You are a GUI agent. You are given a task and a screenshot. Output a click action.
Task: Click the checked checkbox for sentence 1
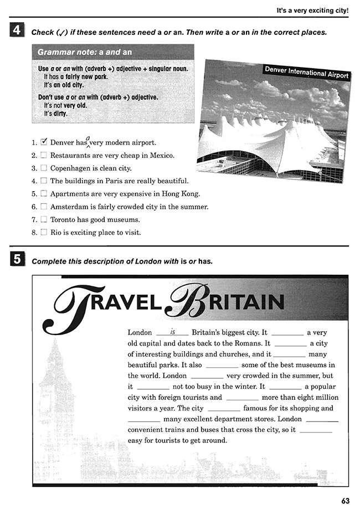click(x=44, y=142)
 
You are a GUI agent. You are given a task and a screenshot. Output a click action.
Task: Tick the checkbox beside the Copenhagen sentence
click(x=43, y=168)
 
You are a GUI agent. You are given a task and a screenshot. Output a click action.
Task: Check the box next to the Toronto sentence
click(x=43, y=219)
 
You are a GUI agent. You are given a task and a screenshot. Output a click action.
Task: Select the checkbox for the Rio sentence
click(x=43, y=233)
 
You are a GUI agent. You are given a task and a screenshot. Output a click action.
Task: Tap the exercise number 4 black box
click(x=17, y=32)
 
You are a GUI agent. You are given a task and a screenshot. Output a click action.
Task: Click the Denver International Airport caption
click(x=307, y=72)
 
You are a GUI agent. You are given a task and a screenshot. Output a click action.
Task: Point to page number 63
click(x=345, y=501)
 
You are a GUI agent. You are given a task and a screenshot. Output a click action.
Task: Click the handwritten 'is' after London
click(x=172, y=332)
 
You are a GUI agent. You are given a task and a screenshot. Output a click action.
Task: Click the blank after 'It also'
click(x=222, y=365)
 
